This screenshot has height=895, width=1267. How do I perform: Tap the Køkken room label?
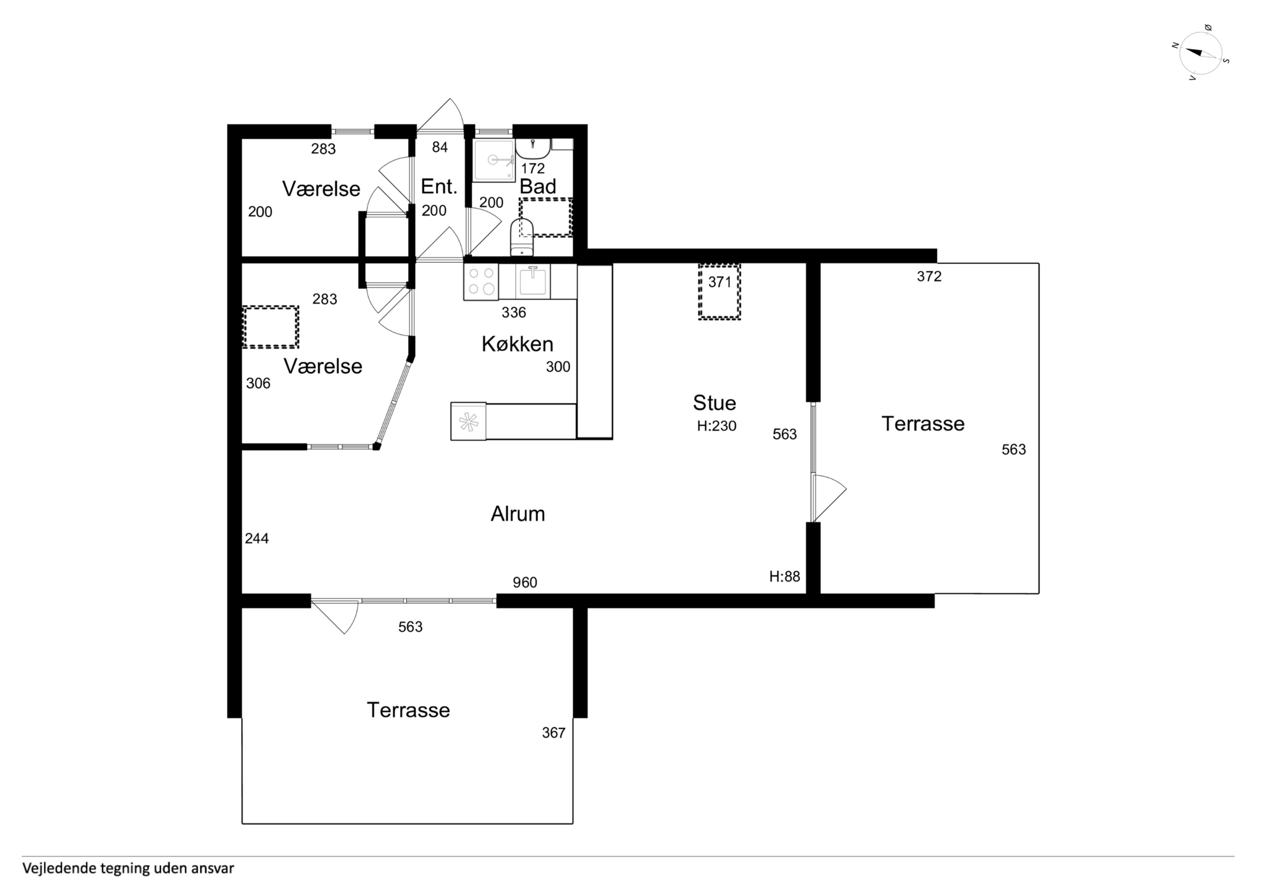point(517,344)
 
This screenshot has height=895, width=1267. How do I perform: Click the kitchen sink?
point(533,281)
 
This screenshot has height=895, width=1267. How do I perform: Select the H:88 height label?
point(784,576)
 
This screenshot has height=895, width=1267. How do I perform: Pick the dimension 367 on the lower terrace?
point(554,733)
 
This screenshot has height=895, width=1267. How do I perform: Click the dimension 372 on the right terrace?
point(929,276)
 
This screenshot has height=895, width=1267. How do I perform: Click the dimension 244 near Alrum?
point(257,538)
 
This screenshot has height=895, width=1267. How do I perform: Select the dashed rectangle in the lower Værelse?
point(271,327)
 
